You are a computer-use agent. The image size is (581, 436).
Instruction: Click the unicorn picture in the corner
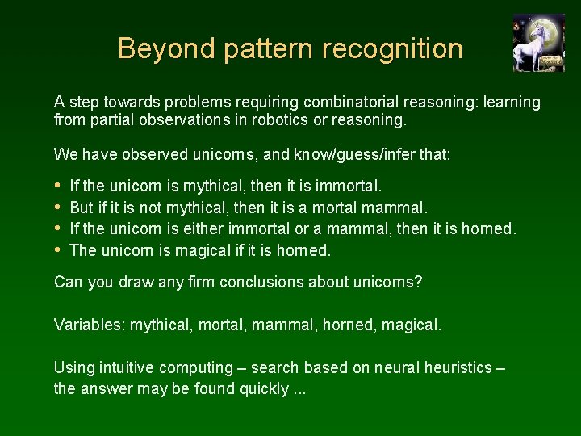538,43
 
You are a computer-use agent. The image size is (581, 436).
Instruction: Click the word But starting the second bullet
82,208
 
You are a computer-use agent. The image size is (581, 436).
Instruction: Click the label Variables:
90,325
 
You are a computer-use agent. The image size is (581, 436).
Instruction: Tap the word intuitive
125,367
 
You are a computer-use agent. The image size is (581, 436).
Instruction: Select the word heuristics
457,367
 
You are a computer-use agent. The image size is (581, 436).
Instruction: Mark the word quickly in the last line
265,389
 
